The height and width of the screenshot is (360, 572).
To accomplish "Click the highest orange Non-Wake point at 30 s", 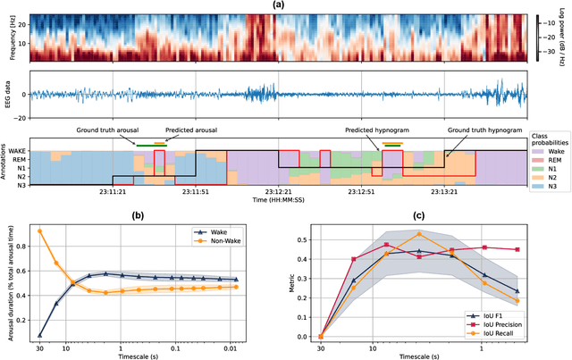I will (39, 230).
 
